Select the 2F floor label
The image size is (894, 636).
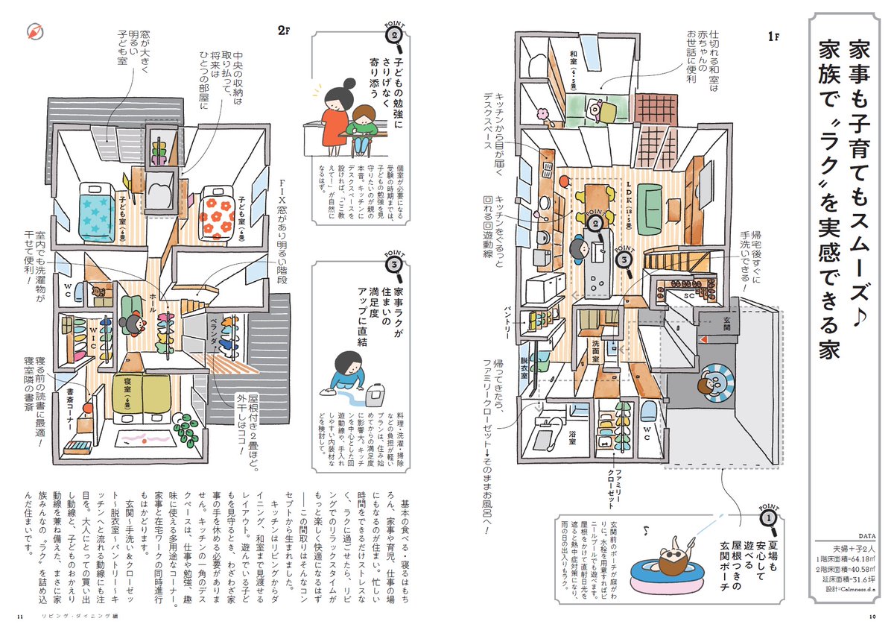pos(282,31)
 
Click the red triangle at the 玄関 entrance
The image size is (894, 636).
pos(701,339)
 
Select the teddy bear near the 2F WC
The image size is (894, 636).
pos(98,291)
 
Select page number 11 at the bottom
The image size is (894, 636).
pos(20,616)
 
